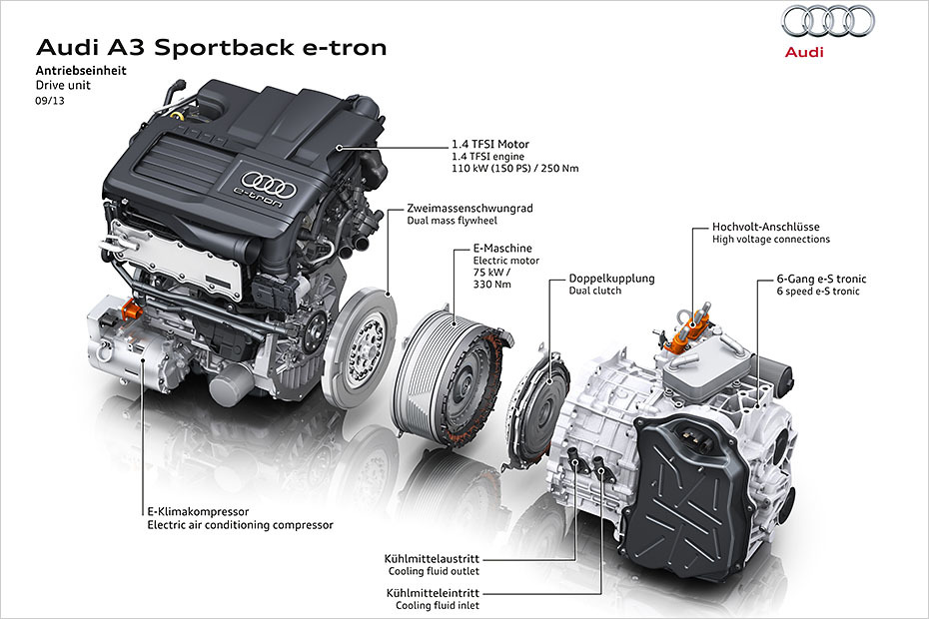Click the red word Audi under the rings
[x=804, y=52]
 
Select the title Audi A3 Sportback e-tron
[x=211, y=47]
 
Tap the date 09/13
[x=49, y=100]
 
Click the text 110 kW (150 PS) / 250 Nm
[x=516, y=169]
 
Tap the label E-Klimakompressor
[x=198, y=511]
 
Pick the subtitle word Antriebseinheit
[x=81, y=71]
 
